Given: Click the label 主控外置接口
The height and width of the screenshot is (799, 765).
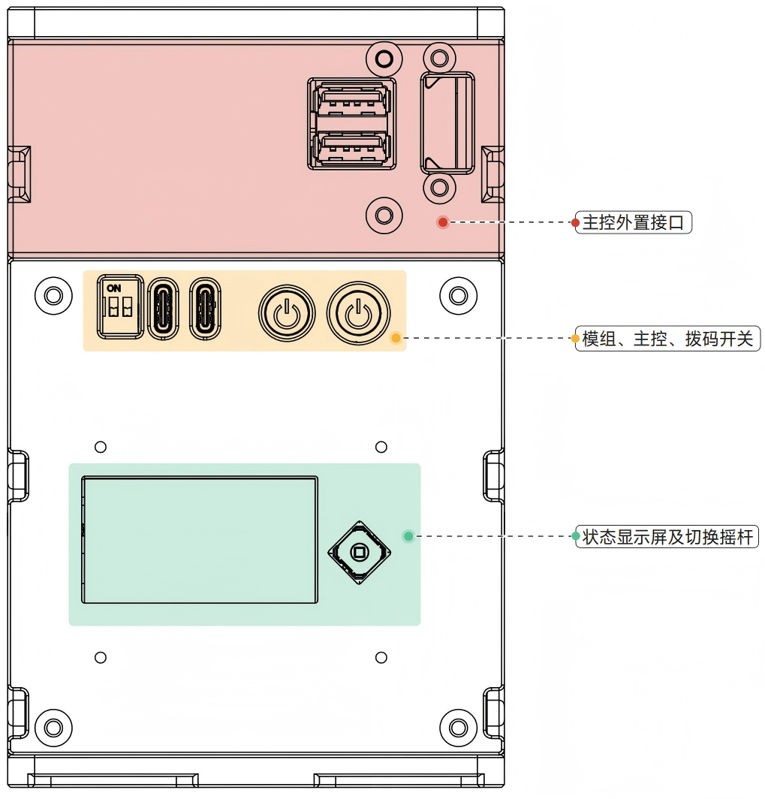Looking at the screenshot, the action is point(633,223).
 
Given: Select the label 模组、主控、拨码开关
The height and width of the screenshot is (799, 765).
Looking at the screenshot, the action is point(667,339).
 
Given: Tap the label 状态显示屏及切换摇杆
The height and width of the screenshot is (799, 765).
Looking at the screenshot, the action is point(667,537).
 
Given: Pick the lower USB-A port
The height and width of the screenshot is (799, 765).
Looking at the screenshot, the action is point(352,149).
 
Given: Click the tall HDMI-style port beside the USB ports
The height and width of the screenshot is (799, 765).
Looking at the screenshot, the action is point(447,123).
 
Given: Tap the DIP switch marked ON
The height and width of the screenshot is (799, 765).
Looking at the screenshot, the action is point(120,307).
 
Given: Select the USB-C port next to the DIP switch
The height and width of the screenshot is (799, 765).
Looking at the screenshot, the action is point(163,309).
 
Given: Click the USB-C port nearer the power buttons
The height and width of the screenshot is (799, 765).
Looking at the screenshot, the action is point(205,309).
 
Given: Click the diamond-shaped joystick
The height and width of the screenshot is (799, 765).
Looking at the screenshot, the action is point(359,553).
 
